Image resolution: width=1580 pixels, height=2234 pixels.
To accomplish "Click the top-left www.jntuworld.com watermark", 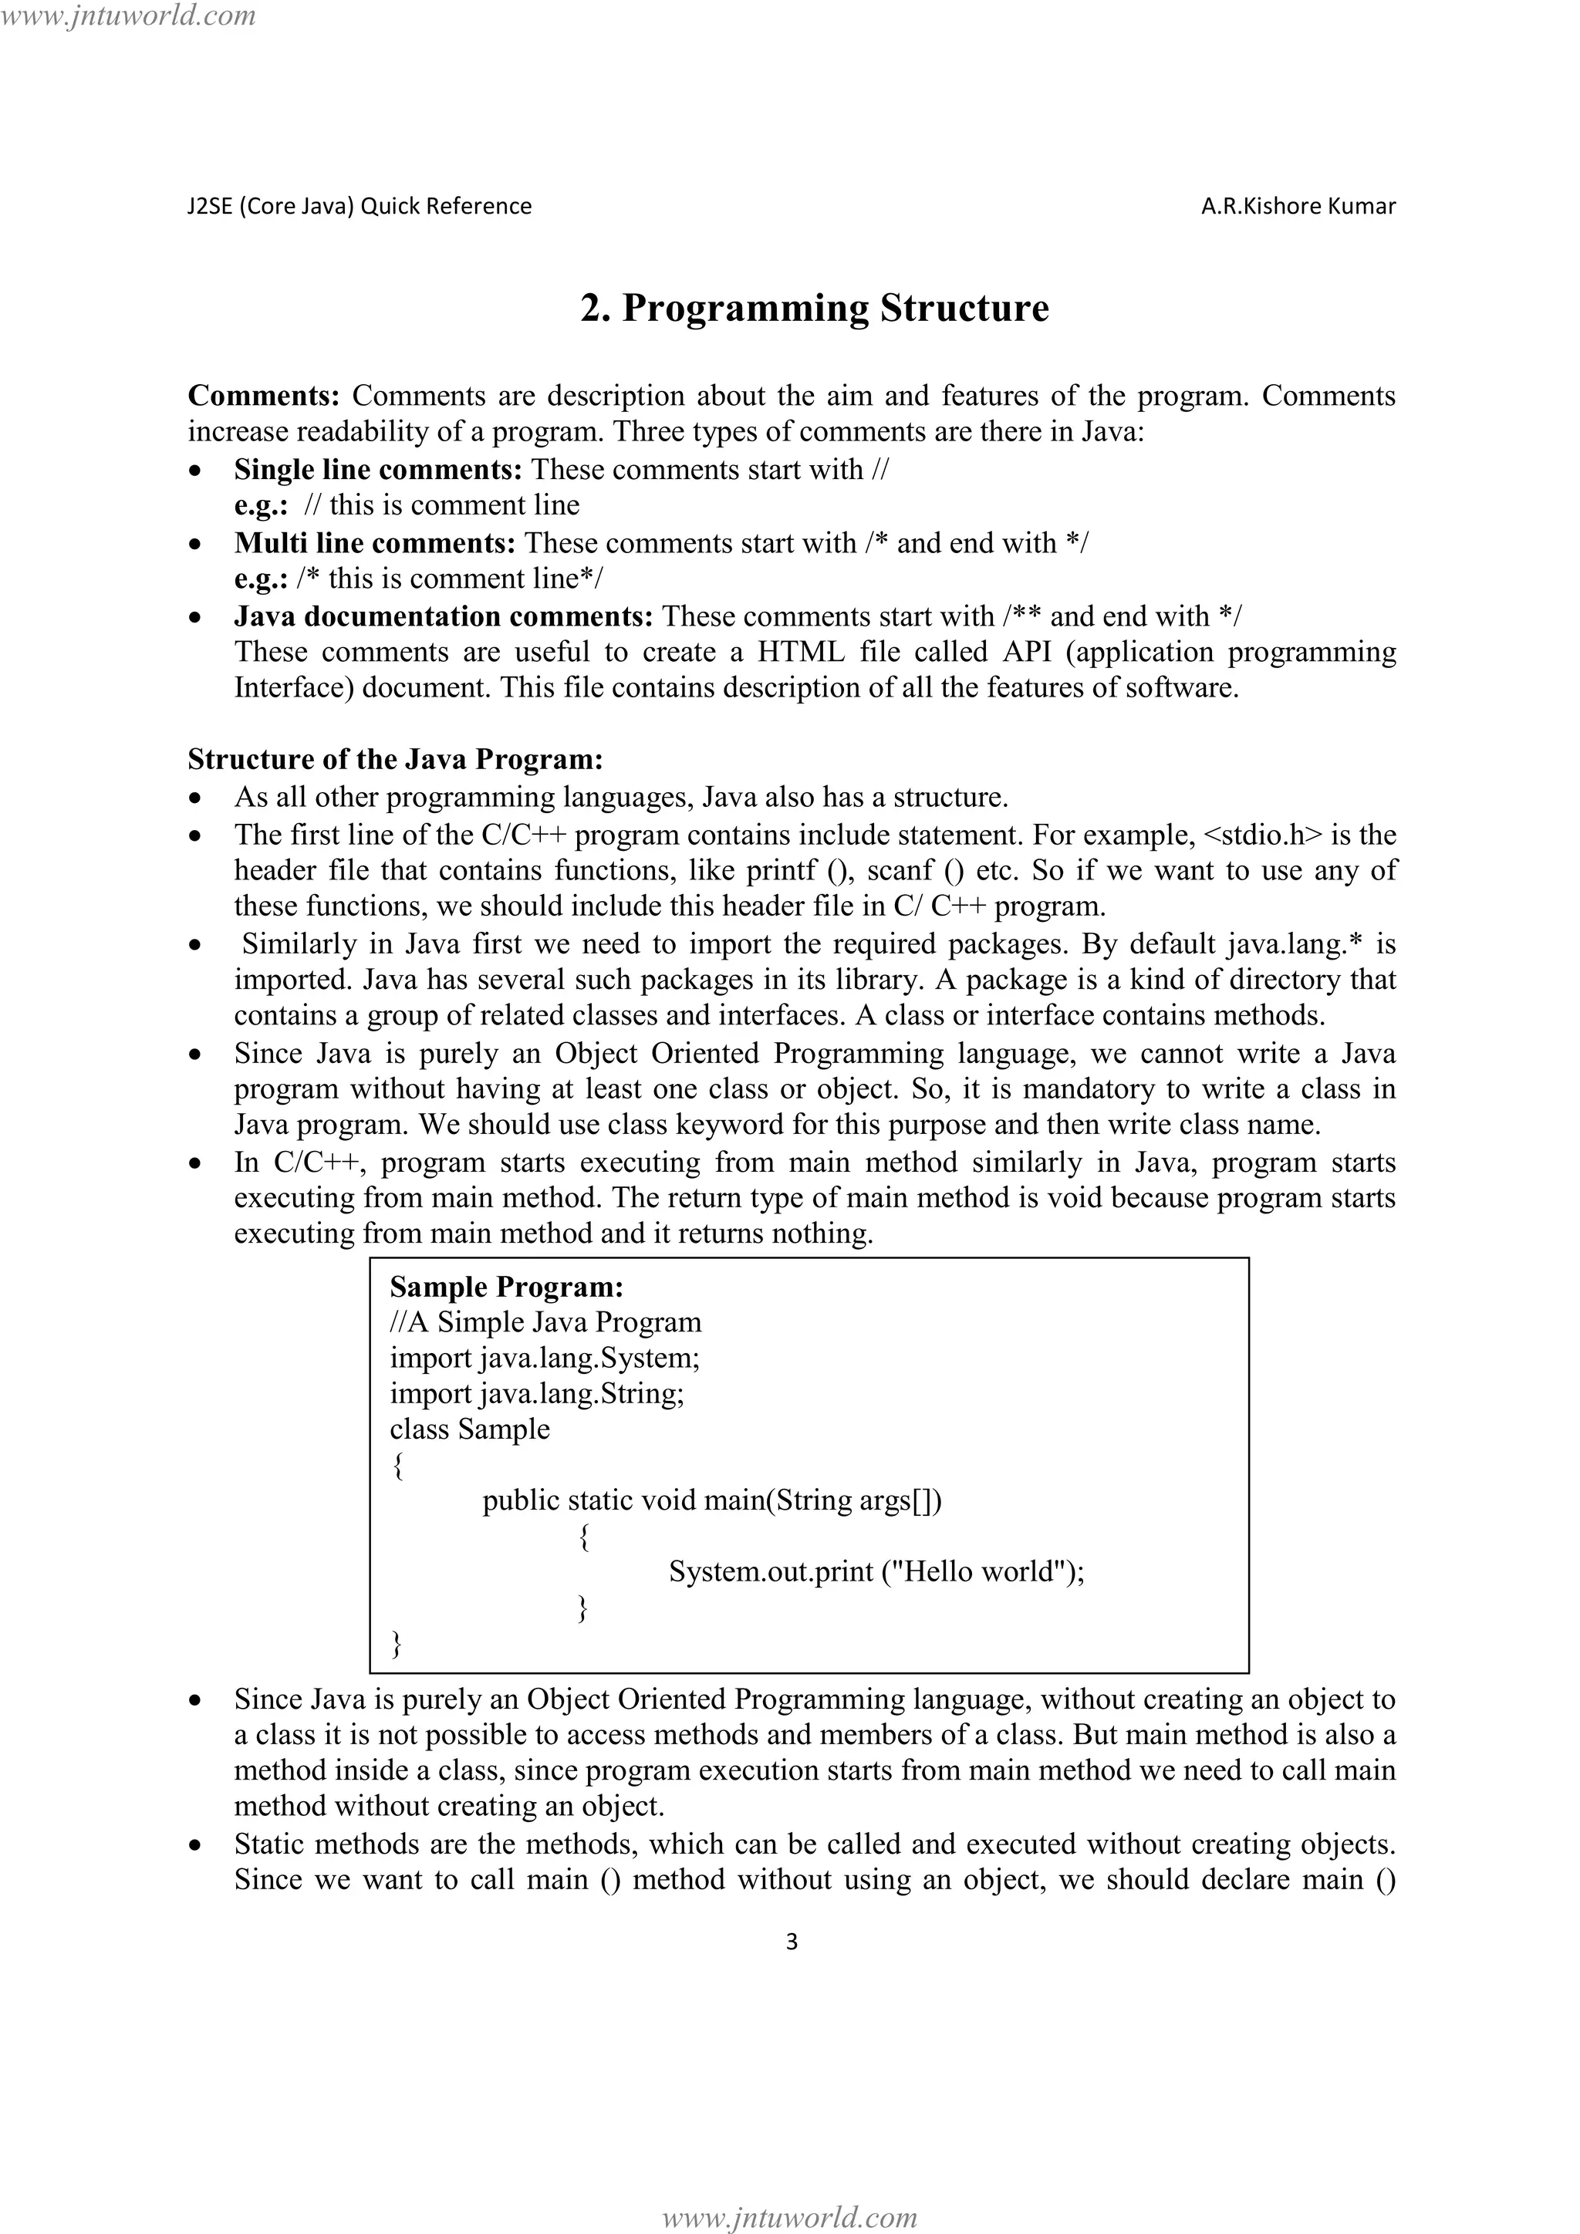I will click(128, 15).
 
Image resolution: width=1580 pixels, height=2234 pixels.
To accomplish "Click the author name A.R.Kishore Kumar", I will click(1298, 206).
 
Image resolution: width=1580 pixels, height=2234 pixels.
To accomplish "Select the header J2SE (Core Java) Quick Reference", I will click(359, 206).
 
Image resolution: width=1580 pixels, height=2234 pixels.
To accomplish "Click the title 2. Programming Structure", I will click(815, 309).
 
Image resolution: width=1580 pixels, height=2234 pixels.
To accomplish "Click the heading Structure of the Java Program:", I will click(395, 759).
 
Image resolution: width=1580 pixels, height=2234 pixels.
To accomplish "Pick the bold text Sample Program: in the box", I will click(506, 1287).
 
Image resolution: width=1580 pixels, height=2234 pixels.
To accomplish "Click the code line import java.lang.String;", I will click(537, 1394).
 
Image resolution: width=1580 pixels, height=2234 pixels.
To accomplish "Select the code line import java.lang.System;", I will click(544, 1358).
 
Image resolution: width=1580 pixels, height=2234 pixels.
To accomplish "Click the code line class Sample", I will click(469, 1429).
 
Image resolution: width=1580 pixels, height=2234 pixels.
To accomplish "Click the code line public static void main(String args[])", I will click(711, 1500).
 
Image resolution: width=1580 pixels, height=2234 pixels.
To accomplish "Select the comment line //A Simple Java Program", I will click(545, 1322).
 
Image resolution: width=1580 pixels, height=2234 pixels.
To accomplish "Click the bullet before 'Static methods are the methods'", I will click(197, 1844).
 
